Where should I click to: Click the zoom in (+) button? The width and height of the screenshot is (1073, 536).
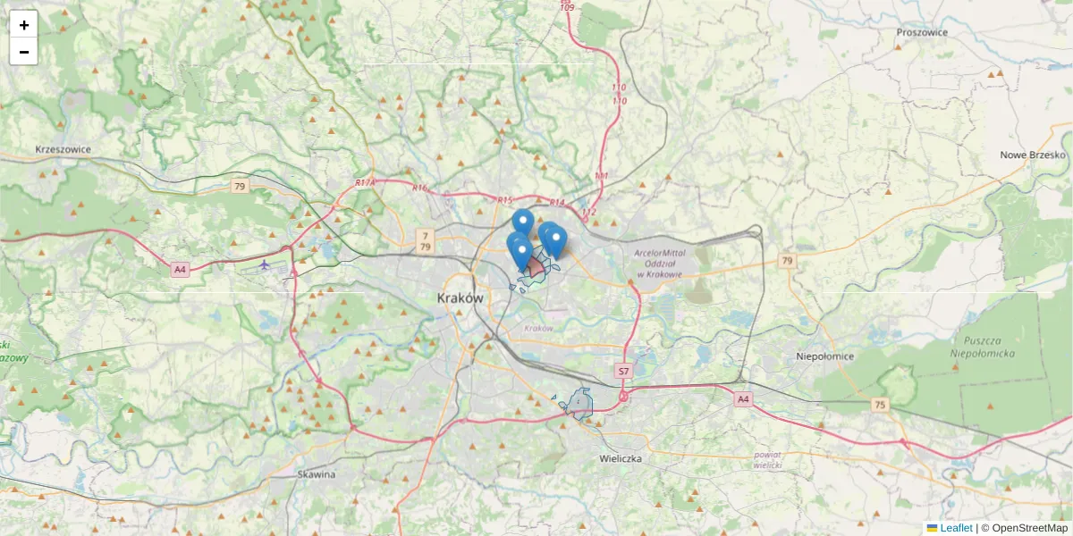click(23, 25)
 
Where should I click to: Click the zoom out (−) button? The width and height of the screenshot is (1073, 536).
click(23, 52)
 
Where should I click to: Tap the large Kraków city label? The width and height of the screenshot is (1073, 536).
click(460, 298)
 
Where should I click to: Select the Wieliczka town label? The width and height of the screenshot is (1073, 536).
click(621, 458)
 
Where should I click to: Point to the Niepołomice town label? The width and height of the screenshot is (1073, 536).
click(824, 356)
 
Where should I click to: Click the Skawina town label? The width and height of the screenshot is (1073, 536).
click(317, 474)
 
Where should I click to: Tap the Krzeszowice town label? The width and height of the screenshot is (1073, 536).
click(63, 149)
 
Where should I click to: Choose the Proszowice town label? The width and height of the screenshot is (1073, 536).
click(922, 32)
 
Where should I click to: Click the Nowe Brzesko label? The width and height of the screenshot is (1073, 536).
click(1033, 155)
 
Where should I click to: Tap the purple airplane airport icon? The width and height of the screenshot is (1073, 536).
click(264, 264)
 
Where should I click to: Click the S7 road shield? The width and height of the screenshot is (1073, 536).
click(624, 370)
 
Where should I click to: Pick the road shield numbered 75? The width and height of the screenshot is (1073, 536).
click(881, 405)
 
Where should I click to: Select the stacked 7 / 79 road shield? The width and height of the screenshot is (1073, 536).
click(426, 240)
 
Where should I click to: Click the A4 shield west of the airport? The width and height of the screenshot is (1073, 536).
click(180, 269)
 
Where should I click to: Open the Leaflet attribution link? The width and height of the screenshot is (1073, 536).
click(956, 528)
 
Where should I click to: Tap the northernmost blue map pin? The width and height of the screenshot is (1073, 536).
click(523, 222)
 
